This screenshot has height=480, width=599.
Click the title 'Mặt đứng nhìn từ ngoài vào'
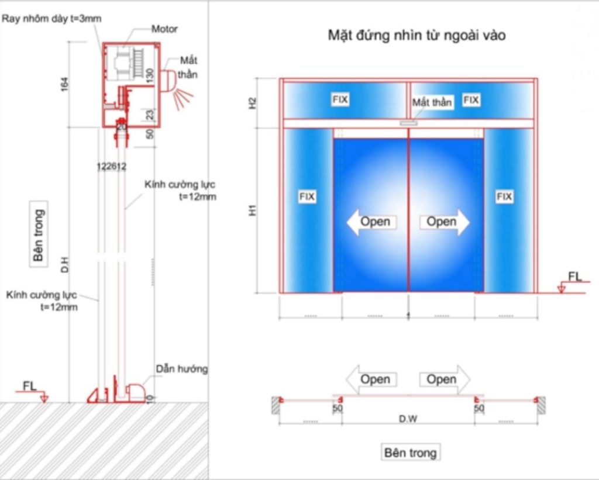[416, 36]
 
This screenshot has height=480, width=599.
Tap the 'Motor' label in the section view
[164, 29]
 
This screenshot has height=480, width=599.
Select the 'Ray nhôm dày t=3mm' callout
[51, 18]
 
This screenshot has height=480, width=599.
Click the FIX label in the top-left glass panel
[340, 100]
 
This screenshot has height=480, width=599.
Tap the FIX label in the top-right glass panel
[471, 100]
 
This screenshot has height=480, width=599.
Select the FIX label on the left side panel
[307, 197]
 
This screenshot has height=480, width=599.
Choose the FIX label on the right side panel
[504, 197]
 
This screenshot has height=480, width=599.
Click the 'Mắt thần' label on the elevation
[432, 102]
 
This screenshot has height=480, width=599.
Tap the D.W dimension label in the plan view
[408, 419]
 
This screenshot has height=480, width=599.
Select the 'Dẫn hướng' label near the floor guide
[181, 369]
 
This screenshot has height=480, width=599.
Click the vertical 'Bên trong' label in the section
[39, 234]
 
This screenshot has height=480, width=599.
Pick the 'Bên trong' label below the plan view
[410, 453]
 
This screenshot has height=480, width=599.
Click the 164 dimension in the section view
[65, 85]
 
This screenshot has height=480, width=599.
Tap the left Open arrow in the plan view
[372, 379]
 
